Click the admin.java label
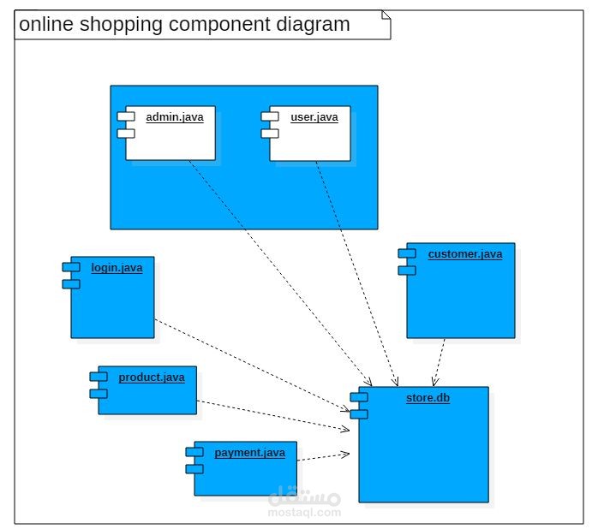pyautogui.click(x=175, y=117)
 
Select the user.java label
pyautogui.click(x=314, y=117)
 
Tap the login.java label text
pyautogui.click(x=117, y=268)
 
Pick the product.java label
pyautogui.click(x=151, y=377)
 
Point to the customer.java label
pyautogui.click(x=465, y=254)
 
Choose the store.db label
pyautogui.click(x=428, y=398)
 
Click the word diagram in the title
pyautogui.click(x=314, y=25)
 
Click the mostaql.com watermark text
pyautogui.click(x=305, y=513)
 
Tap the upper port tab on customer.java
pyautogui.click(x=406, y=253)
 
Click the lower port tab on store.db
pyautogui.click(x=358, y=414)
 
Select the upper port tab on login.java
pyautogui.click(x=70, y=267)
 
